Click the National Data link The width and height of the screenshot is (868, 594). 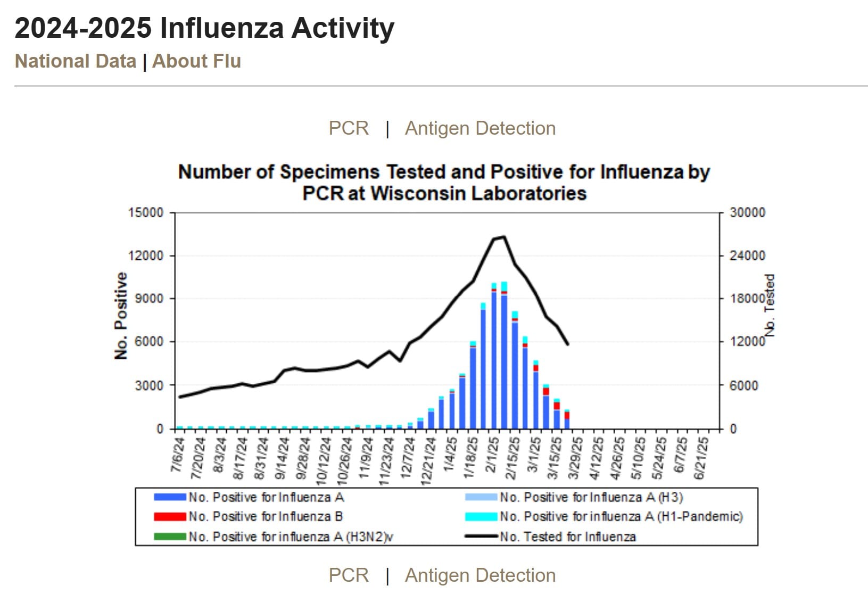point(75,61)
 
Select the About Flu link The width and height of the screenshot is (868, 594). point(196,61)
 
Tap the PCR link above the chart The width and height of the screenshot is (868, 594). point(349,128)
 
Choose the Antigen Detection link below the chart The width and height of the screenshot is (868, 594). point(480,575)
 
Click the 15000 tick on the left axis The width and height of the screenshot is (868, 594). point(145,212)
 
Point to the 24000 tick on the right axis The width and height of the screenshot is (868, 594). point(747,255)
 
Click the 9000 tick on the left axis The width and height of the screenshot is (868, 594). point(148,299)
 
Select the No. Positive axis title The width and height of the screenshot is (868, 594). point(121,316)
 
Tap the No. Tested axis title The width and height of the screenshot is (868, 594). point(770,306)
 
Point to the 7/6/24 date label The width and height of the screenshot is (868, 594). point(178,456)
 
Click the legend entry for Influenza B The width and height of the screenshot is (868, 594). point(265,517)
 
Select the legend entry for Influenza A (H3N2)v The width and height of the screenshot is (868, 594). point(290,537)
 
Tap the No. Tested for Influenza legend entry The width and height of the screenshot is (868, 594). point(567,537)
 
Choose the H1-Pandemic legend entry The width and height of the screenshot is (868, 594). point(621,517)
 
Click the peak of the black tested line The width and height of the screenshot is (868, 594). point(503,237)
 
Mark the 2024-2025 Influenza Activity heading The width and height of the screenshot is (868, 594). point(204,28)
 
